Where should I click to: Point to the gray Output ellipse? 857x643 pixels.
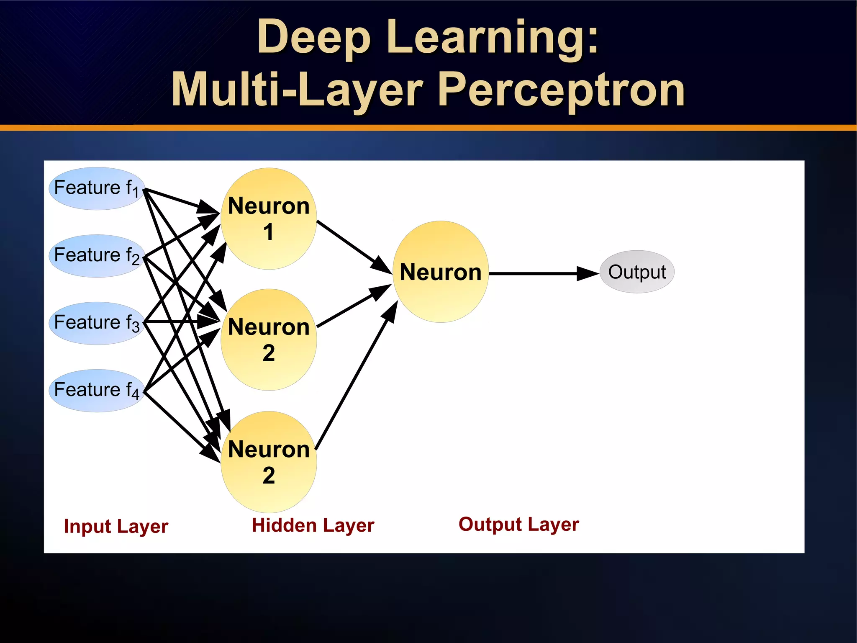[637, 272]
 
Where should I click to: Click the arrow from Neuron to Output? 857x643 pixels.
[544, 273]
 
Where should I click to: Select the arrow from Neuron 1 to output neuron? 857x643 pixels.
[354, 247]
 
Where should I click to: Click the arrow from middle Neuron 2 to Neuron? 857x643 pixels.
[354, 306]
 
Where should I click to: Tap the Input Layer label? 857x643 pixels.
[116, 526]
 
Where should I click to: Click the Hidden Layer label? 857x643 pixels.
[313, 525]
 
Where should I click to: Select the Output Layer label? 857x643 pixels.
[518, 525]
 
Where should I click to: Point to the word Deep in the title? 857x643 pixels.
[314, 38]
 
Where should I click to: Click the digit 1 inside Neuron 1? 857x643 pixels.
[269, 232]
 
